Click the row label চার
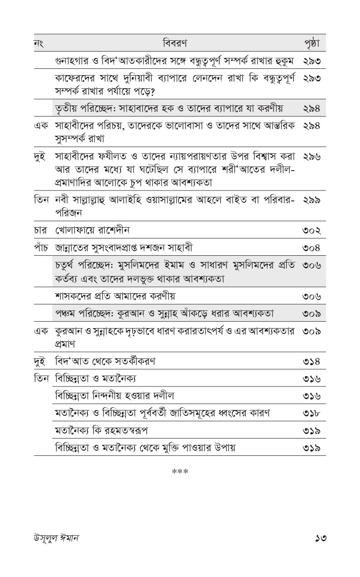click(41, 230)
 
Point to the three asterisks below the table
click(180, 472)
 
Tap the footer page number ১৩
click(321, 538)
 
